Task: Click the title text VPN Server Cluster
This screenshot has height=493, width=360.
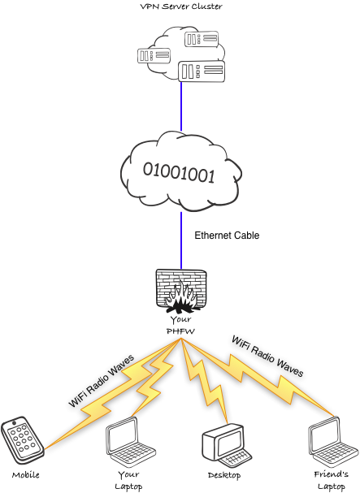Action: [180, 7]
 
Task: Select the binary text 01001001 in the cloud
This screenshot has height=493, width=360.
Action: [180, 172]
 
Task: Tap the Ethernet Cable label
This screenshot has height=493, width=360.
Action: [227, 236]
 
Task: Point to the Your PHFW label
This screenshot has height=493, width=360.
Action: [180, 325]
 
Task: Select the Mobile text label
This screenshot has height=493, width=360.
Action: [25, 474]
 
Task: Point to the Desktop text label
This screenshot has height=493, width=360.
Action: [224, 474]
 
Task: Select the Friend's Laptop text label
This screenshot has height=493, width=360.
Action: [330, 479]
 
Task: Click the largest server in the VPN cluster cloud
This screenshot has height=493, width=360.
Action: [199, 71]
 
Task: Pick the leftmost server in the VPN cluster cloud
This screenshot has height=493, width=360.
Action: [154, 56]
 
